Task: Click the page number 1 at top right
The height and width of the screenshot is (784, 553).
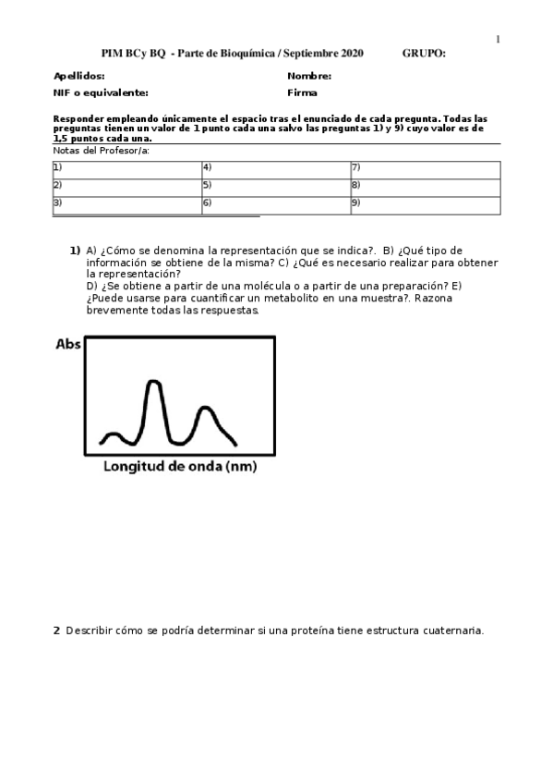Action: coord(499,39)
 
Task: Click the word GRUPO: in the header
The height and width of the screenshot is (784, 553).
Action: coord(424,54)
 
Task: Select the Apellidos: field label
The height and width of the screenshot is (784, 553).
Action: coord(78,77)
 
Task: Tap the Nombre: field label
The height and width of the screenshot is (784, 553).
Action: coord(309,77)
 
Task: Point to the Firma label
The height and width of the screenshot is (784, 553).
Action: coord(302,92)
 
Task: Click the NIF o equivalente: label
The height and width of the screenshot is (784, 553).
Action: coord(101,92)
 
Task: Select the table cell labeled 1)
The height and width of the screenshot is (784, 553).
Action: coord(126,169)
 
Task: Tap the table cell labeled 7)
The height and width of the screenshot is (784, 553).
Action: coord(425,169)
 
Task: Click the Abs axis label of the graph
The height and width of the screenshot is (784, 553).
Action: coord(68,345)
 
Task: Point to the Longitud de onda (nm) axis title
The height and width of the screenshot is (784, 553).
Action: coord(179,467)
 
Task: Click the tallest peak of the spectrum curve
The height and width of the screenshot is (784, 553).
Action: coord(153,382)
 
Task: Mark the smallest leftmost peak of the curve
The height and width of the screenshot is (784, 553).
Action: coord(114,433)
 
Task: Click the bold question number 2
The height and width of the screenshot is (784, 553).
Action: coord(56,631)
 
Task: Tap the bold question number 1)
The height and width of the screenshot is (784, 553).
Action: coord(75,251)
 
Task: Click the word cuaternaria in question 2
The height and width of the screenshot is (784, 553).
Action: coord(452,631)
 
